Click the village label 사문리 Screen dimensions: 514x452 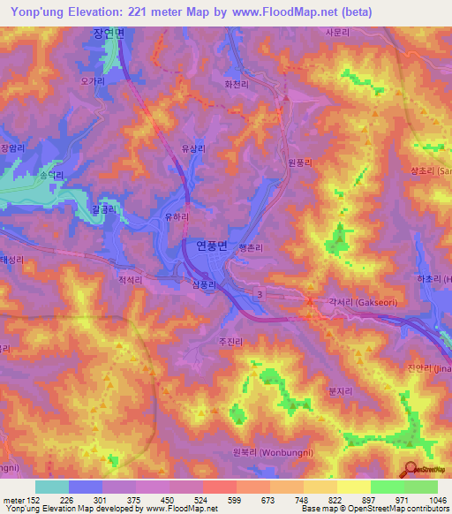tap(338, 34)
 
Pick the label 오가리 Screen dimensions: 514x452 tap(93, 80)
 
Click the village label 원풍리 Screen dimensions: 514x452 tap(300, 163)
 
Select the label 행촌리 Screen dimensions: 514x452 tap(251, 248)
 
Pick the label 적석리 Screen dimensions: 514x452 tap(131, 278)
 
